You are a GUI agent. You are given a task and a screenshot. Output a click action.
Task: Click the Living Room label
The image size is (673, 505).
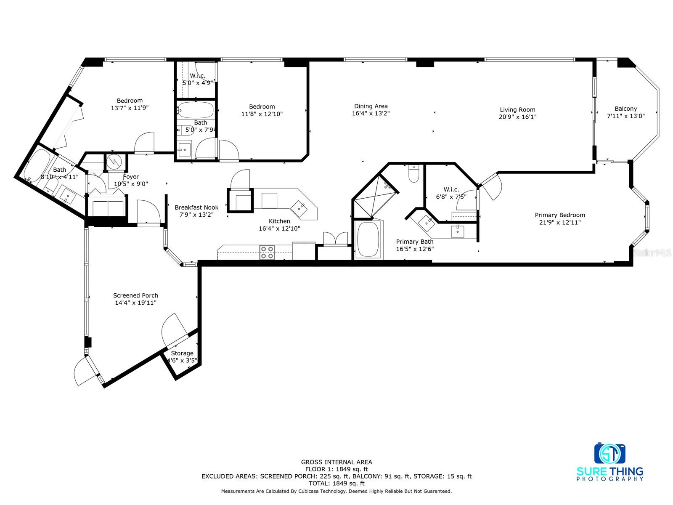point(517,109)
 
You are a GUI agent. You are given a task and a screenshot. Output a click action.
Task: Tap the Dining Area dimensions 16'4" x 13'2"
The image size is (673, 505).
point(371,114)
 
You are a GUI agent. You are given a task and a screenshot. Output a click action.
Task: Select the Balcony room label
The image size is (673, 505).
point(626,109)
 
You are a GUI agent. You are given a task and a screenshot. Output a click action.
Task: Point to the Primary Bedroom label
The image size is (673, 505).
point(560,215)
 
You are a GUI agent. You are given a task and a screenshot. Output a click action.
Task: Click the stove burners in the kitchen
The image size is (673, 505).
point(267,252)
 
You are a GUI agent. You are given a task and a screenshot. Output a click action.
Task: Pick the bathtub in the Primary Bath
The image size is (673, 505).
point(368,239)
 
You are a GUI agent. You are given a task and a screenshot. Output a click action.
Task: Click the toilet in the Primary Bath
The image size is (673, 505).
point(413,173)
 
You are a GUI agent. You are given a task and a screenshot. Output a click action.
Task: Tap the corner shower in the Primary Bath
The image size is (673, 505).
point(375,196)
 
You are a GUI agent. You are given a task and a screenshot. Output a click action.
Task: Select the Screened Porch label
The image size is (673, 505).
point(135,295)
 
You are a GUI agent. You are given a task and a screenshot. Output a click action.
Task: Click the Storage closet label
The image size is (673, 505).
point(182,353)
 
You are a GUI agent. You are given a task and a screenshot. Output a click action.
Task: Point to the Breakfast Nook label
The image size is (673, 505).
point(196,207)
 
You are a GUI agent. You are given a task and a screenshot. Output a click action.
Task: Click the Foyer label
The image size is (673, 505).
point(131,177)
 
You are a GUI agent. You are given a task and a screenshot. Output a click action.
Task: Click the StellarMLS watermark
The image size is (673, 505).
point(652,252)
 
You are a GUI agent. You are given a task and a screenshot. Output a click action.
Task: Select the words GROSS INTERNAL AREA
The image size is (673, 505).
point(336,462)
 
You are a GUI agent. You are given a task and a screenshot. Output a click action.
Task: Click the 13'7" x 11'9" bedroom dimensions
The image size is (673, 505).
point(130,108)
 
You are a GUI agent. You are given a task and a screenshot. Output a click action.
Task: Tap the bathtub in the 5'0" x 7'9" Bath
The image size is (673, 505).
point(196,110)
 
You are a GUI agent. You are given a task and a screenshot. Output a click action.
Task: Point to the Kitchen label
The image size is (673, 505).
point(279,221)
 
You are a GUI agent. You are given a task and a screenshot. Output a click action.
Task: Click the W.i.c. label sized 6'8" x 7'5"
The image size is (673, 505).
point(451,189)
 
